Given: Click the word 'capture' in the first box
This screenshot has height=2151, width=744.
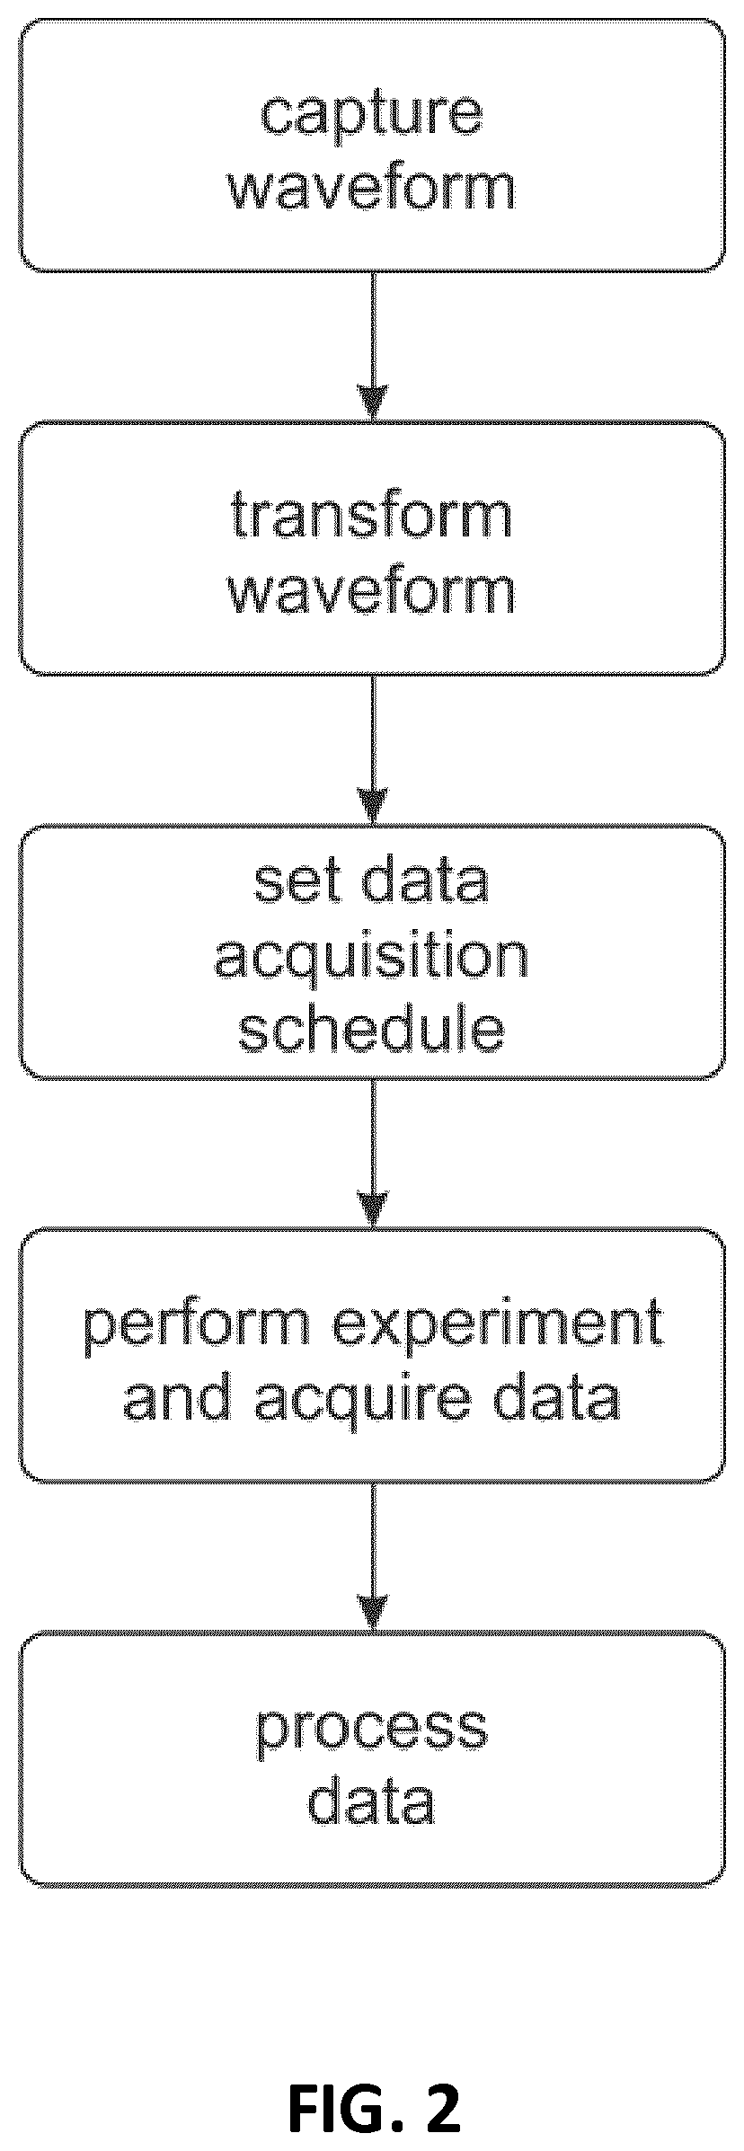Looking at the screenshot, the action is tap(371, 115).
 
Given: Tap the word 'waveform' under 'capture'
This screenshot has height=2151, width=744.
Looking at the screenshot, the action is tap(372, 188).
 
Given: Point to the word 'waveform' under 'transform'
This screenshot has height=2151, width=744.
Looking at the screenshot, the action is tap(372, 590).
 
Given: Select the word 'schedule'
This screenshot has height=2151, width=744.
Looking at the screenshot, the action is tap(371, 1030).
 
